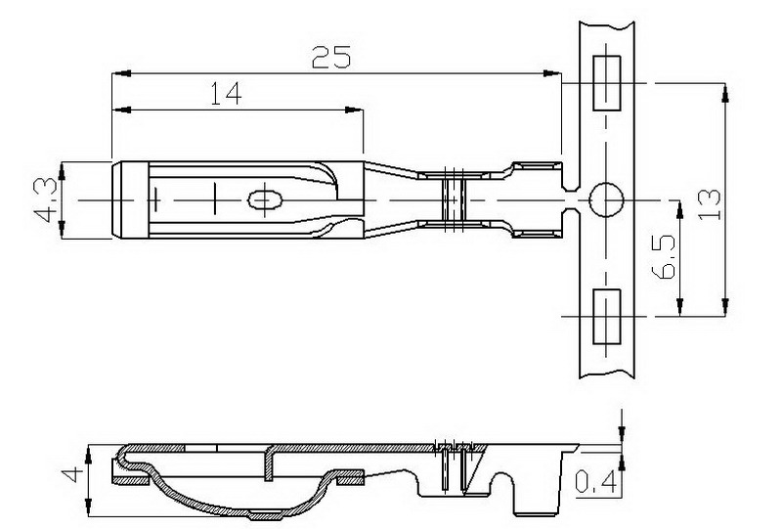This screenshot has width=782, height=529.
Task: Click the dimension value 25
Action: (331, 57)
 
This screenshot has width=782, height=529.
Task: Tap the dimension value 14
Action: (226, 93)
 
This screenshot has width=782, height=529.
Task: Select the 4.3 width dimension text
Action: (45, 200)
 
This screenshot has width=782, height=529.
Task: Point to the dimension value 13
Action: (710, 203)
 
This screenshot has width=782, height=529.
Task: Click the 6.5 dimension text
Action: (664, 256)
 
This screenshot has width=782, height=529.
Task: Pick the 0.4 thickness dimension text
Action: (596, 483)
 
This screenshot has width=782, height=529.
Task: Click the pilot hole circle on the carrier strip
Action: (606, 199)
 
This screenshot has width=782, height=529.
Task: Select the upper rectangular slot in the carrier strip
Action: (606, 83)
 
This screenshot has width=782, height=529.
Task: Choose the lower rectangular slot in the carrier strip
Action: (606, 317)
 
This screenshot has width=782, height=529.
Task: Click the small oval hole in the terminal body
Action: (265, 200)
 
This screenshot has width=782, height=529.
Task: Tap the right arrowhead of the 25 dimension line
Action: (551, 74)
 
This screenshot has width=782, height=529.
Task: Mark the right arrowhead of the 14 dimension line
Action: (354, 110)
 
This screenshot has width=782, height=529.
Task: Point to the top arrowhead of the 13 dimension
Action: (725, 93)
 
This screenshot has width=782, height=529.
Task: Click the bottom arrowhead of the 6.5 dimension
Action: (679, 307)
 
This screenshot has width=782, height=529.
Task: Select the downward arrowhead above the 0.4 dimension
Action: (622, 434)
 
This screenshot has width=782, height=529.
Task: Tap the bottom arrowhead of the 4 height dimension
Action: (88, 507)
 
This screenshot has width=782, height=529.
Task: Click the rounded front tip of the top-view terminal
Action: (114, 200)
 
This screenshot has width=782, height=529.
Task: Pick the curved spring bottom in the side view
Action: (244, 507)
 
